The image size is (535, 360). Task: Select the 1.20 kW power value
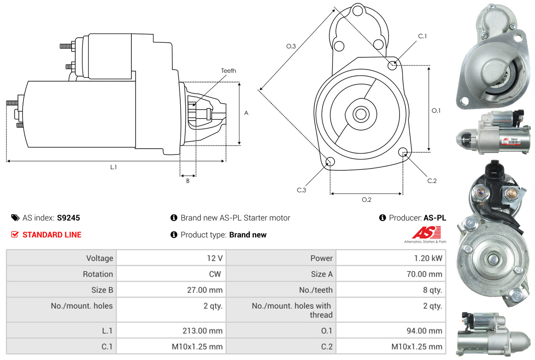tap(425, 258)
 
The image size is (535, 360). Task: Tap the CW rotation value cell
tap(215, 274)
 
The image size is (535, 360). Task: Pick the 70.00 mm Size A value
tap(424, 274)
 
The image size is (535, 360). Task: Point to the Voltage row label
tap(100, 258)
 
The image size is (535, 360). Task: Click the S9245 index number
tap(68, 218)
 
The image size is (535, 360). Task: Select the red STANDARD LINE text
tap(52, 235)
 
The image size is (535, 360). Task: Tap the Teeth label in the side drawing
tap(228, 71)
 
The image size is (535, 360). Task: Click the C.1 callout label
tap(422, 36)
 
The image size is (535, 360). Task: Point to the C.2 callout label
tap(432, 181)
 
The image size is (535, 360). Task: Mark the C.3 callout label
tap(302, 190)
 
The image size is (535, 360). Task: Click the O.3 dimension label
tap(291, 46)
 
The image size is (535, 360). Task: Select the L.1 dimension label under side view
tap(113, 167)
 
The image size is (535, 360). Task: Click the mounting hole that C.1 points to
tap(392, 65)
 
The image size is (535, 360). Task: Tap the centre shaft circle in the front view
tap(359, 114)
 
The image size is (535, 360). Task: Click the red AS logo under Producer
tap(426, 232)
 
